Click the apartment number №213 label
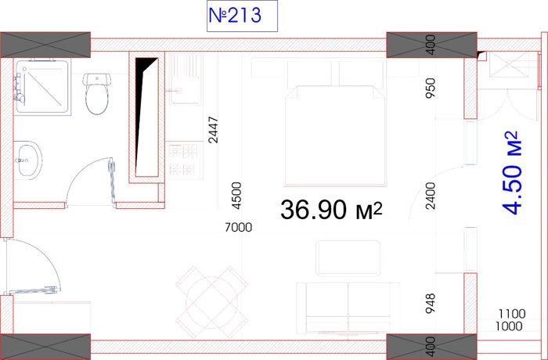coord(235,16)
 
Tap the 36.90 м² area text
coord(331,210)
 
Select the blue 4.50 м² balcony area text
coord(512,173)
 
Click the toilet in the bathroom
coord(97,94)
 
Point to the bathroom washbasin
coord(28,160)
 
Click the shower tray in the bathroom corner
coord(42,87)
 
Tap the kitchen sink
coord(186,79)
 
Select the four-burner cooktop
coord(184,160)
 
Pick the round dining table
coord(212,302)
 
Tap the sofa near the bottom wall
coord(348,308)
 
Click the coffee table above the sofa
coord(348,258)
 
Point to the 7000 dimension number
coord(238,228)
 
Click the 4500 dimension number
coord(236,196)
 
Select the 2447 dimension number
coord(213,130)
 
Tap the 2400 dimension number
coord(431,196)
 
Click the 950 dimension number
coord(431,88)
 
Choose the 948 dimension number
coord(431,304)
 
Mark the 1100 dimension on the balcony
coord(512,314)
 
